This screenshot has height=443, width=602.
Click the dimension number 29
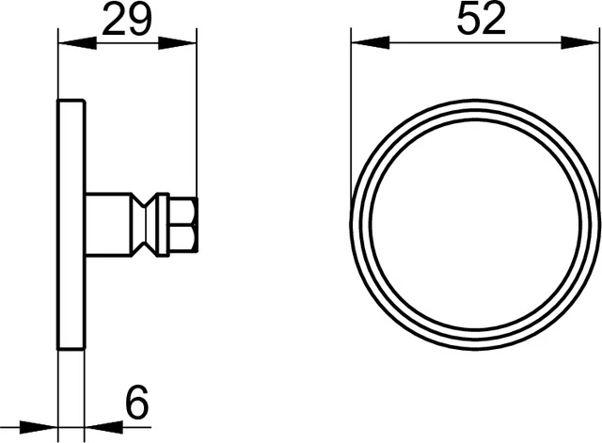127,21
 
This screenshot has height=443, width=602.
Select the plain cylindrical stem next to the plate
107,224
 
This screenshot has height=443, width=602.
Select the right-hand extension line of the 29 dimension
197,113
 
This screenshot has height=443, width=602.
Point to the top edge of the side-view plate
71,99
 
